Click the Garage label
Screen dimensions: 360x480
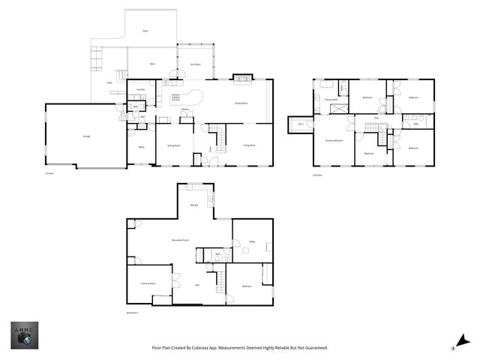(x=76, y=136)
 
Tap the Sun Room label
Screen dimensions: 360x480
(x=195, y=64)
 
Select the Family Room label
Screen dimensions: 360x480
(x=241, y=103)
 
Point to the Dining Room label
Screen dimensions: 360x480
(x=172, y=145)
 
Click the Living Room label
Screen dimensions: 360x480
(x=248, y=145)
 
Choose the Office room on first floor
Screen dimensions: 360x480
(x=141, y=147)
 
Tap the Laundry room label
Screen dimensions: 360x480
(x=140, y=91)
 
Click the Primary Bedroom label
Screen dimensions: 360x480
(x=334, y=140)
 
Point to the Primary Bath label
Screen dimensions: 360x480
(x=331, y=99)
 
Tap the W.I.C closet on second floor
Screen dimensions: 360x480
(x=301, y=124)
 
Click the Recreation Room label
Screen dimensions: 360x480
(x=180, y=240)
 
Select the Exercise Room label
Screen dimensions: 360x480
(x=148, y=283)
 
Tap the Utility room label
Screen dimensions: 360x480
(x=253, y=241)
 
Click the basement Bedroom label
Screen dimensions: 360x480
(x=247, y=286)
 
